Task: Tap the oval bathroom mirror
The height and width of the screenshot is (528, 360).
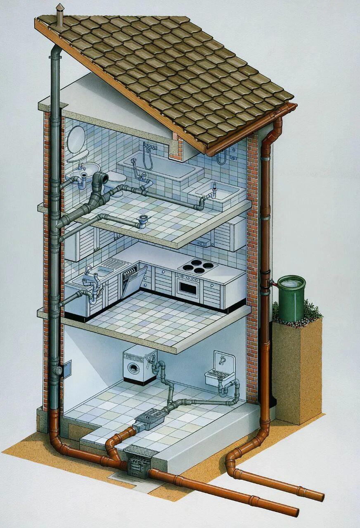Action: (76, 139)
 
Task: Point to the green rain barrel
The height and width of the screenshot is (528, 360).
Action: (291, 298)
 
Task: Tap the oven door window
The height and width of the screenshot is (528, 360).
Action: (188, 288)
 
